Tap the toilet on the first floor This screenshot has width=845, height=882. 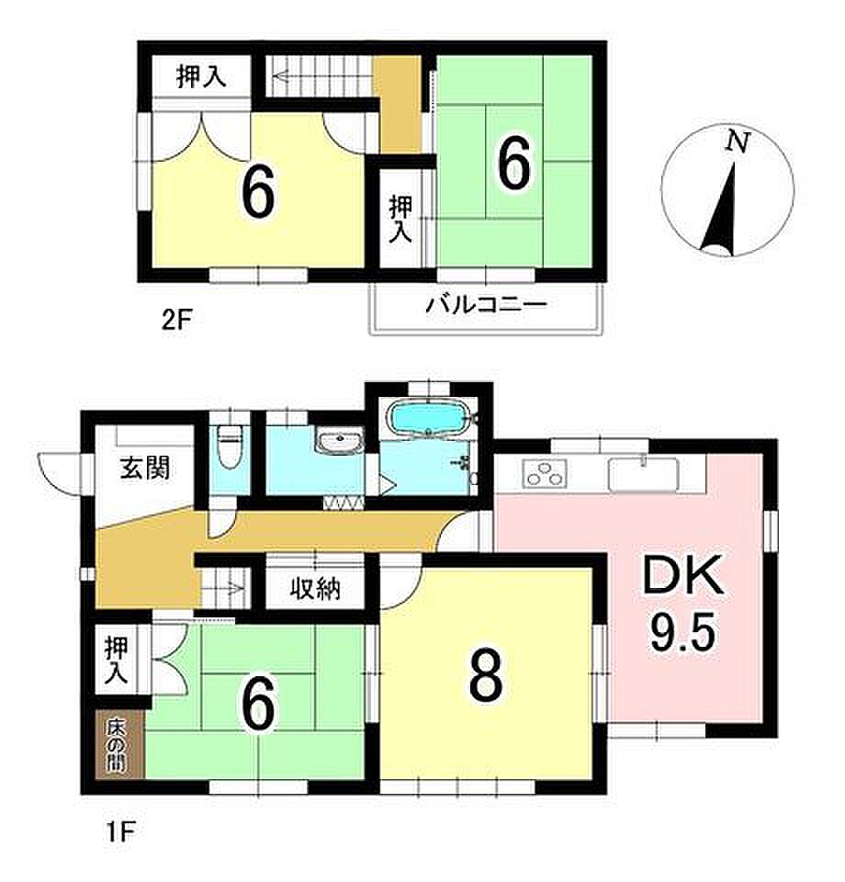(x=229, y=447)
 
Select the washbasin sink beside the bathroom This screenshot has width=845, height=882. (x=339, y=442)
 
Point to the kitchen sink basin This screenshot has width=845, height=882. (x=644, y=474)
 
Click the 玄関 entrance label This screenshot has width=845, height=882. (x=144, y=468)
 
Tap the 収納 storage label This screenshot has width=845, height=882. (x=315, y=588)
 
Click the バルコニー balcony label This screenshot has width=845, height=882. (x=486, y=305)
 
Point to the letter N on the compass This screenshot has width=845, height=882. (x=738, y=141)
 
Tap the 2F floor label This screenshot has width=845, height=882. (x=176, y=322)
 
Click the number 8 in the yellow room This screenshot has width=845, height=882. (x=486, y=676)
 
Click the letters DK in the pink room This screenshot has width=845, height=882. (x=683, y=576)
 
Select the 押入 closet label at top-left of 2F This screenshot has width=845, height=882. (x=201, y=76)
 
